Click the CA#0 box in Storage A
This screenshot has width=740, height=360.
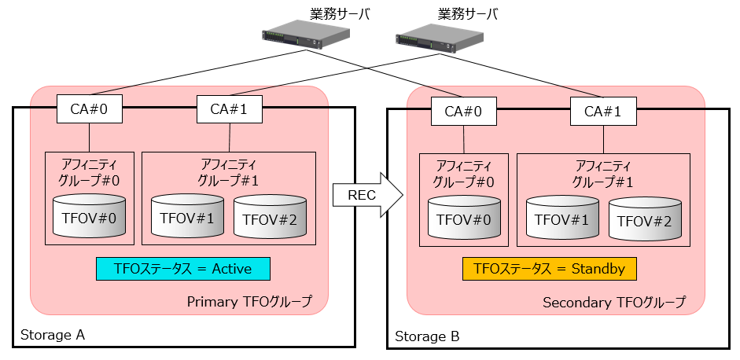[89, 108]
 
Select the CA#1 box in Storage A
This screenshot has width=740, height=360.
[228, 109]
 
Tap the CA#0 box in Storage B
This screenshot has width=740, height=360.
[464, 110]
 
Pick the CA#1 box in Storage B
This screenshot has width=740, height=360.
[602, 111]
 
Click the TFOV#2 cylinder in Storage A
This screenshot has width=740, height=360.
[270, 219]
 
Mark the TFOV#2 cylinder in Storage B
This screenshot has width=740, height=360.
[645, 221]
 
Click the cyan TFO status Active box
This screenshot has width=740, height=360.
[182, 269]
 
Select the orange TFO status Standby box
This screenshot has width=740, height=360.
[549, 269]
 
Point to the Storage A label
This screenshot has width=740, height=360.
[53, 335]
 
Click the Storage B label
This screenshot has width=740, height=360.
[427, 336]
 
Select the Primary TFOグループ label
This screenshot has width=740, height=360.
[249, 301]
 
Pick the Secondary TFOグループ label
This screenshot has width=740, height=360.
[613, 302]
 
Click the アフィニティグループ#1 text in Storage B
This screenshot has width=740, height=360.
[603, 173]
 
